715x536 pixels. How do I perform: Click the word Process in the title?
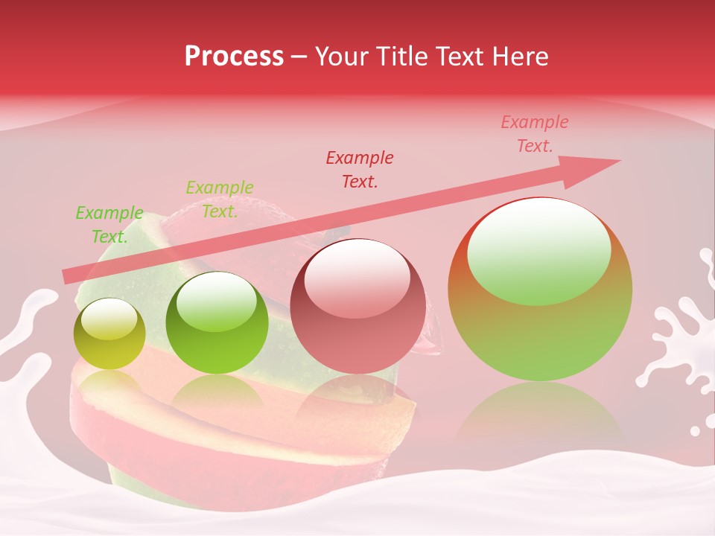click(x=234, y=57)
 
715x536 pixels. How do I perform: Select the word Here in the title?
click(x=519, y=57)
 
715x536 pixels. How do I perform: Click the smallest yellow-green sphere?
click(x=109, y=334)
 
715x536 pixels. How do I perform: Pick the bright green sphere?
click(x=217, y=323)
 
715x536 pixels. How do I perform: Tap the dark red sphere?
click(x=358, y=306)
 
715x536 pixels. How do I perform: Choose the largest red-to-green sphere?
click(x=540, y=290)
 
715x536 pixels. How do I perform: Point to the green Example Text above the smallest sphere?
click(x=109, y=225)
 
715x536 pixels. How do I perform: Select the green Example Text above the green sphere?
click(x=220, y=200)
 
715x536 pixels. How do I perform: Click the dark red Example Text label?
click(x=360, y=169)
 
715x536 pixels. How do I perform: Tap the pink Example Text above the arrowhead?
click(x=535, y=134)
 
